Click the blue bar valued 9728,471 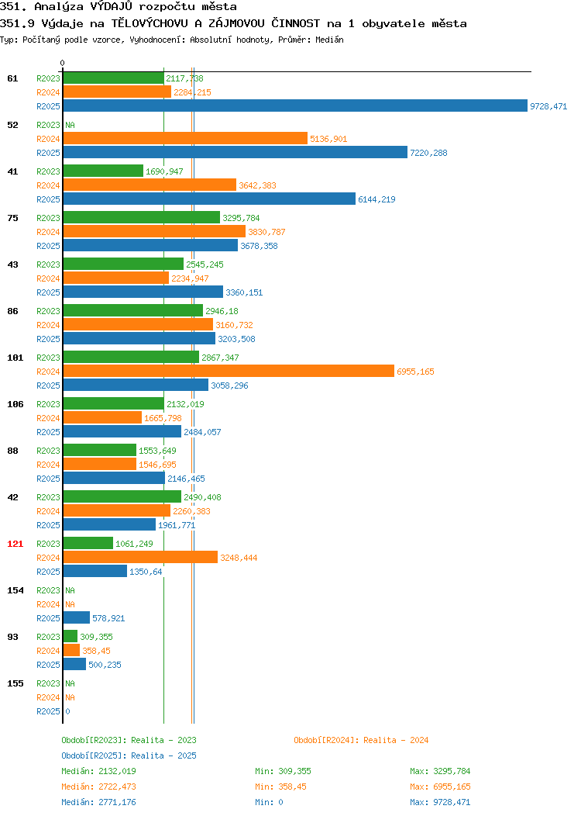pos(295,105)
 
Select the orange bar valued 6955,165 pos(229,371)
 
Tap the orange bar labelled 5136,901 pos(185,138)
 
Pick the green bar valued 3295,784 pos(141,217)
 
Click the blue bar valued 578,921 pos(77,617)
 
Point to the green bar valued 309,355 pos(70,637)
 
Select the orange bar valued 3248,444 pos(140,558)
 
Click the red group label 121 pos(15,544)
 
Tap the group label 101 pos(15,358)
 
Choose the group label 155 pos(15,683)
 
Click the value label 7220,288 pos(428,153)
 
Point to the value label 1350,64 pos(146,572)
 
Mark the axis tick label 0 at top pos(63,63)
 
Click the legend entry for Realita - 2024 pos(361,740)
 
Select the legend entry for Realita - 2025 pos(129,755)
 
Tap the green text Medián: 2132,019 pos(98,771)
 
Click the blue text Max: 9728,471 pos(440,803)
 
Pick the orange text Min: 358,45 pos(280,787)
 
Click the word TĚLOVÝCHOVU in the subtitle pos(150,23)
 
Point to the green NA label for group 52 pos(70,125)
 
